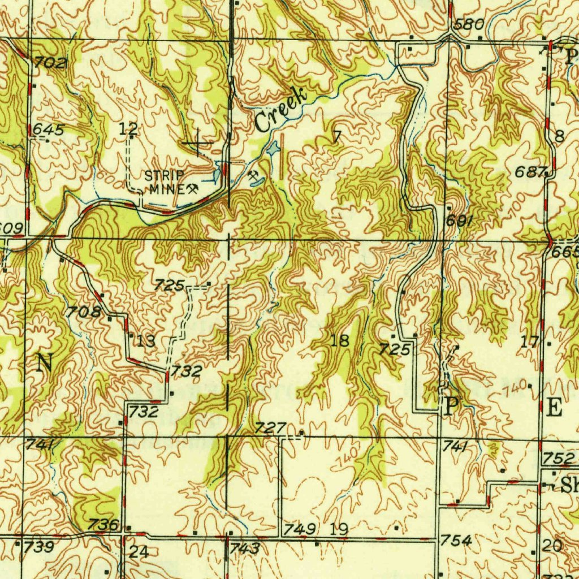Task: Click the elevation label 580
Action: [x=469, y=24]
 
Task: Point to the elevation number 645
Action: [x=48, y=129]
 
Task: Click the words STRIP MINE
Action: [x=165, y=182]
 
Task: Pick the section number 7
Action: [x=337, y=136]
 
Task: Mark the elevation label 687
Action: [x=531, y=172]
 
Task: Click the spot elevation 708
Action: [x=84, y=312]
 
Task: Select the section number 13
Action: [x=145, y=340]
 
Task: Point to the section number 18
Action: [x=340, y=340]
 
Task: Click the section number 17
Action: [x=530, y=341]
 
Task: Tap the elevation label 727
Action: [x=269, y=428]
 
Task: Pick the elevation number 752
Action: [x=555, y=457]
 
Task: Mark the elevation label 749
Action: [x=300, y=529]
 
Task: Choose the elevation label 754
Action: [x=456, y=541]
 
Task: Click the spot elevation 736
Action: [x=104, y=525]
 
